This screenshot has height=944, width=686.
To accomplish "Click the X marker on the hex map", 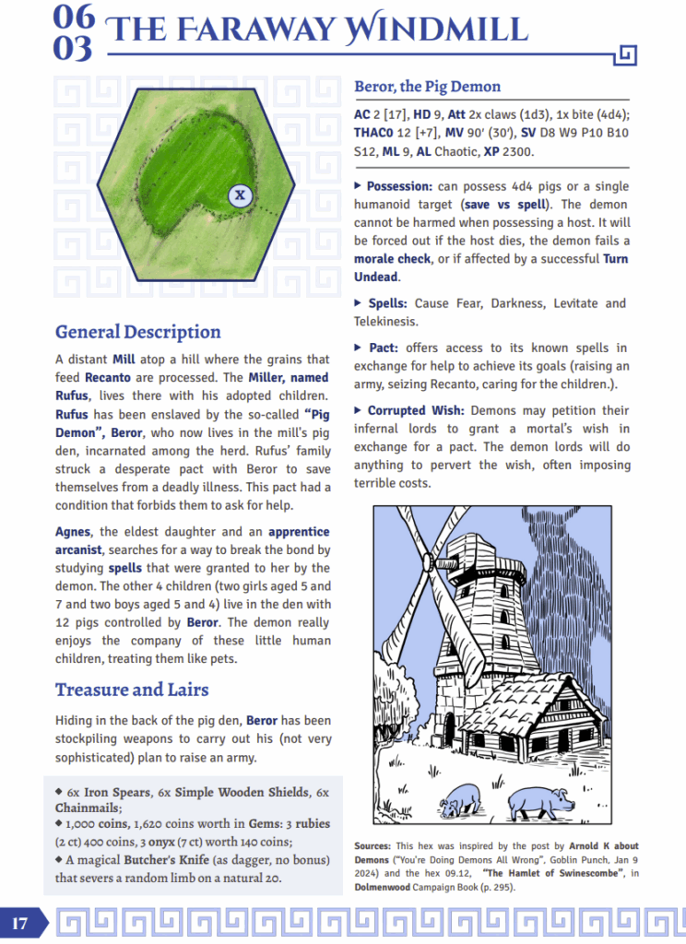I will [x=240, y=195].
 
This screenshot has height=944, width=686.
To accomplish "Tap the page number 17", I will [x=20, y=923].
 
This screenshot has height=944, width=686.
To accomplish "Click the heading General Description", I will [x=137, y=332].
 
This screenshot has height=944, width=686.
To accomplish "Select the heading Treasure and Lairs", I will [x=131, y=690].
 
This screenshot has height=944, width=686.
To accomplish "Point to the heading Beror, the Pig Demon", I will [x=427, y=87].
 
